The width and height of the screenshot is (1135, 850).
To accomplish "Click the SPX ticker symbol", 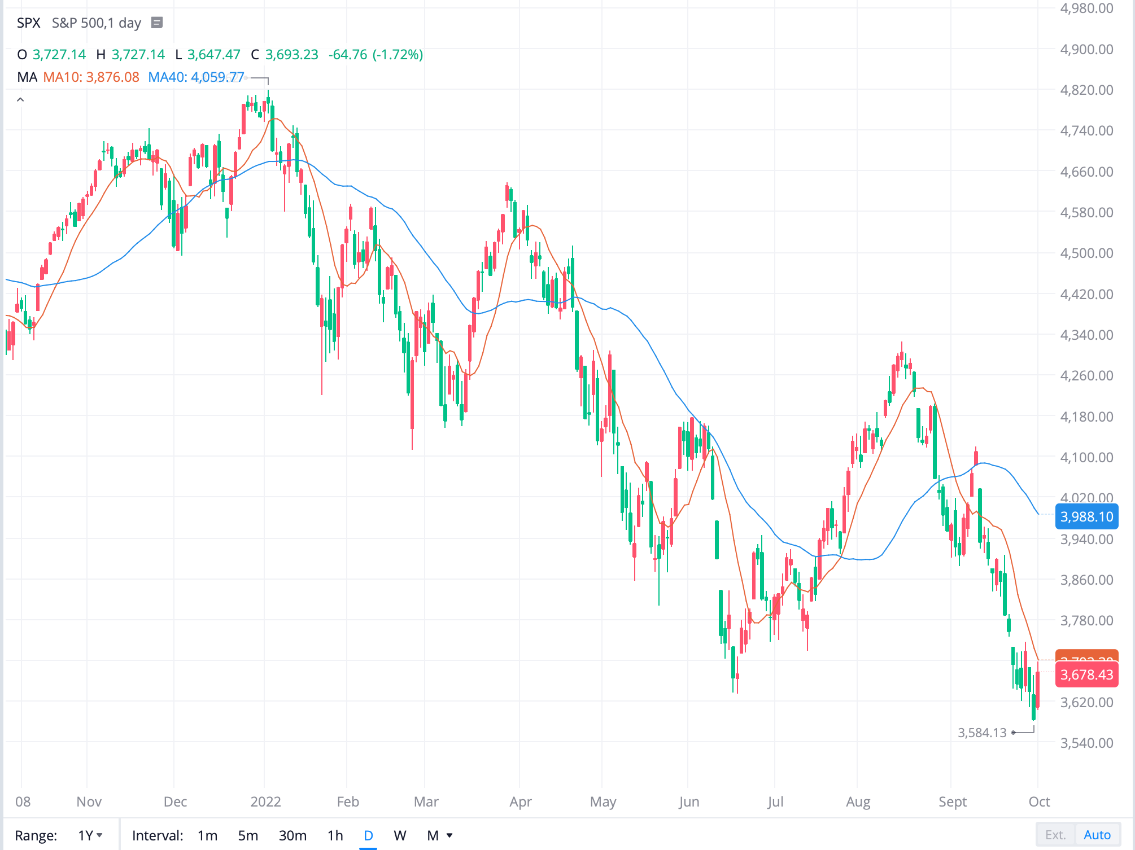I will (28, 23).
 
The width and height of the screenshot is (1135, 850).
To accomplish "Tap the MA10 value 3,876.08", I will (112, 77).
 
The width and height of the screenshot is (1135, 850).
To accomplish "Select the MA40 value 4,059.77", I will (217, 77).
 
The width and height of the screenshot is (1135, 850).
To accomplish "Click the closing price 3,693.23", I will (291, 55).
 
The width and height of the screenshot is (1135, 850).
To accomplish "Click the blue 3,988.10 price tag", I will (1086, 516).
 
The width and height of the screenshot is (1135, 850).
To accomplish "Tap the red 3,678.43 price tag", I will (1086, 674).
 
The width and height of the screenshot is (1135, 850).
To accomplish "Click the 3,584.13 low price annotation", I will (982, 733).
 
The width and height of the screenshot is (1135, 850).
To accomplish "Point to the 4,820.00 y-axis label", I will (1086, 90).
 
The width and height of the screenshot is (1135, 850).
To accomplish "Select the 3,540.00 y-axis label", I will (1086, 743).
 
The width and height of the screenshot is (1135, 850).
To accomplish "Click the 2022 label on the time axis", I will (265, 801).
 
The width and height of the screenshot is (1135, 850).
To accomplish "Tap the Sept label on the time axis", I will (953, 801).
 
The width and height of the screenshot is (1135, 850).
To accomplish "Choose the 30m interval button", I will (293, 835).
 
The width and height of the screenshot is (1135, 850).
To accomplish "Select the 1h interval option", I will (335, 835).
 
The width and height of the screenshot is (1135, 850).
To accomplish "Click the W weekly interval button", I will (400, 835).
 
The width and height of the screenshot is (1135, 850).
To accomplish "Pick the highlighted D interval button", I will (368, 835).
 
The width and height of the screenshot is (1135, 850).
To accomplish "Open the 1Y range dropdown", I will (90, 835).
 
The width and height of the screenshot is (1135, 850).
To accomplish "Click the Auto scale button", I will (1097, 835).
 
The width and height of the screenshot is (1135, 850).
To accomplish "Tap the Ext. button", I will (1055, 835).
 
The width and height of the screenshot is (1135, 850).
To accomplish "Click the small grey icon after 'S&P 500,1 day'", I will (157, 23).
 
